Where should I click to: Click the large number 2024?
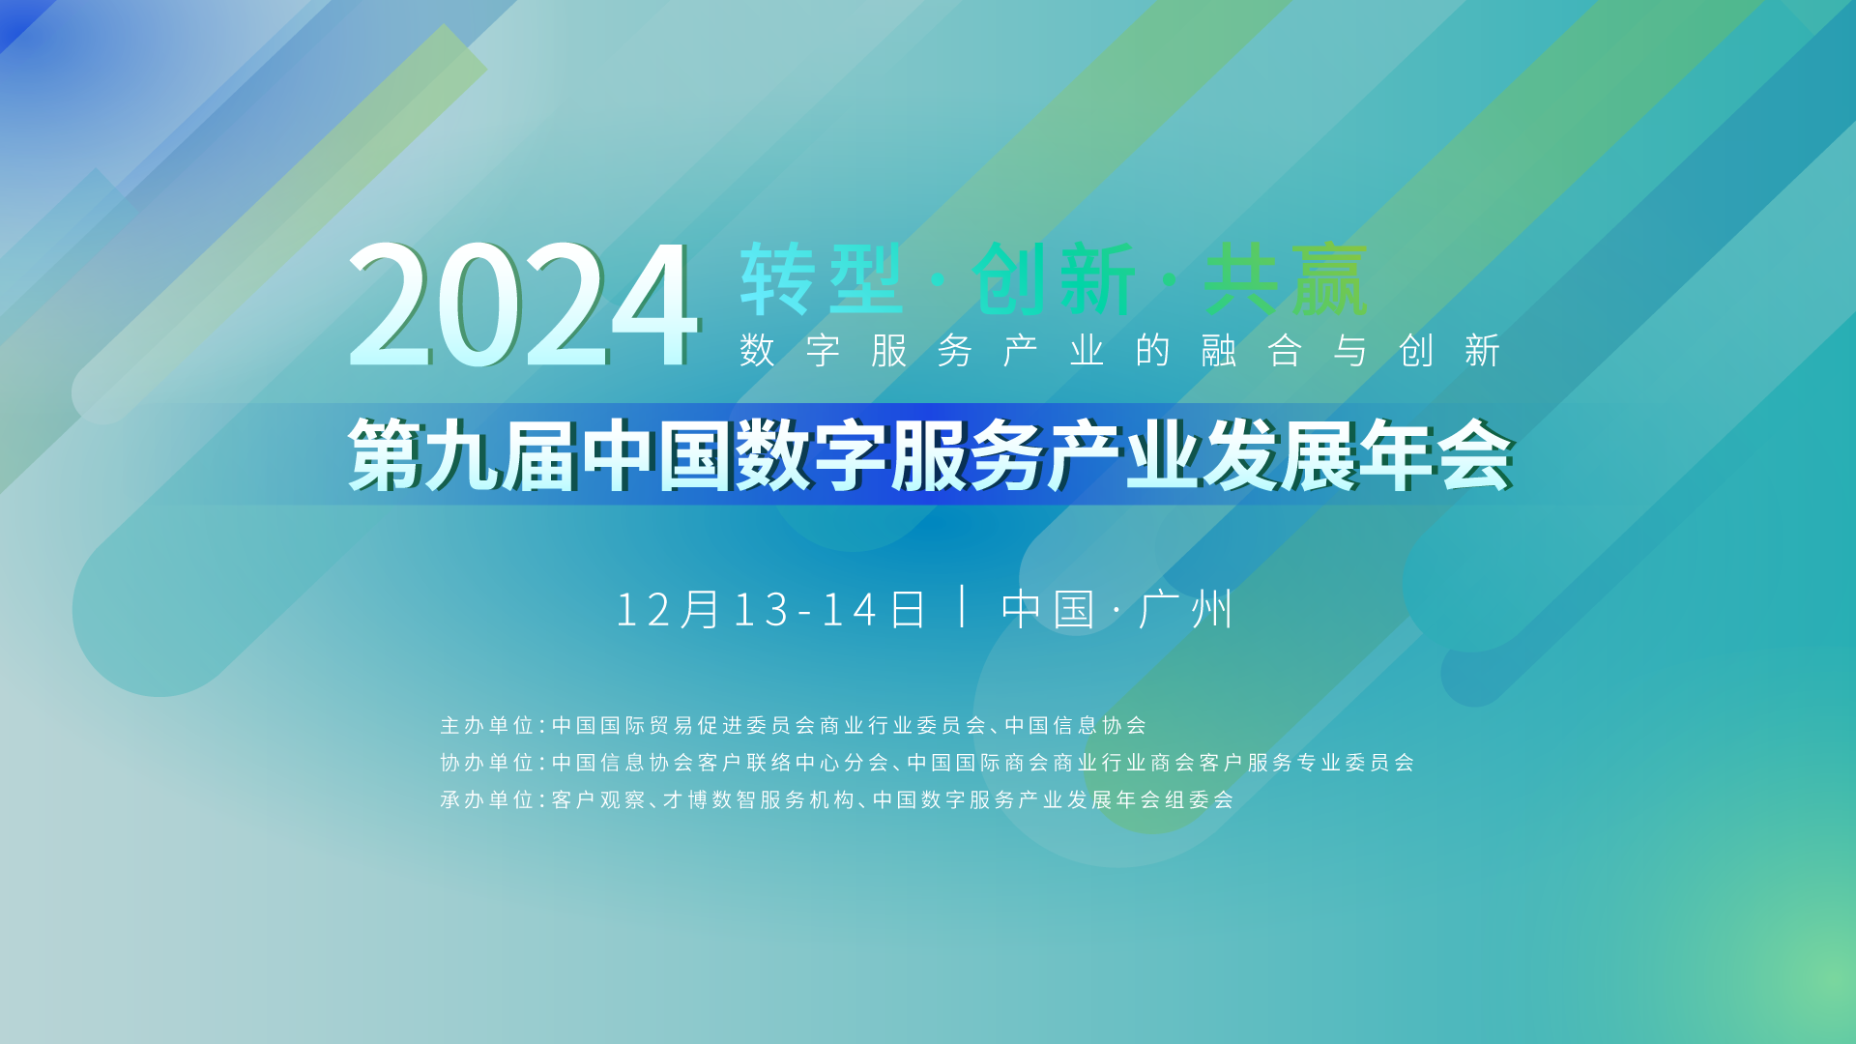[522, 304]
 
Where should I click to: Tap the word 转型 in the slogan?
[822, 279]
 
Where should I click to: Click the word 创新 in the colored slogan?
[1054, 279]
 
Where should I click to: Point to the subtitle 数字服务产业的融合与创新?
[1120, 350]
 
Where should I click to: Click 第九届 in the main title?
[463, 455]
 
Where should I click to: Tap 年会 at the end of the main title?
[1435, 455]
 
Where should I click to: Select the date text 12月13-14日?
[770, 609]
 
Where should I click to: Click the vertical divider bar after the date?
[963, 606]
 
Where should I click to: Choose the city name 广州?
[1186, 609]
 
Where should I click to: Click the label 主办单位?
[487, 725]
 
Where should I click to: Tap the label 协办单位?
[487, 763]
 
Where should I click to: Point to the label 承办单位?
[487, 799]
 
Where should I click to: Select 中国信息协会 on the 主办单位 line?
[1076, 725]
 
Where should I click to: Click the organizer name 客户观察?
[598, 799]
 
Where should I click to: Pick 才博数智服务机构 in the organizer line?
[759, 799]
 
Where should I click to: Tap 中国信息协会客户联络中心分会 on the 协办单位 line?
[720, 763]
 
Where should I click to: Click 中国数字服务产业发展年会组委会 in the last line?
[1054, 799]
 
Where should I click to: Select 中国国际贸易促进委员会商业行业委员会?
[769, 725]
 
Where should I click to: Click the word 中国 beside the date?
[1048, 609]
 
